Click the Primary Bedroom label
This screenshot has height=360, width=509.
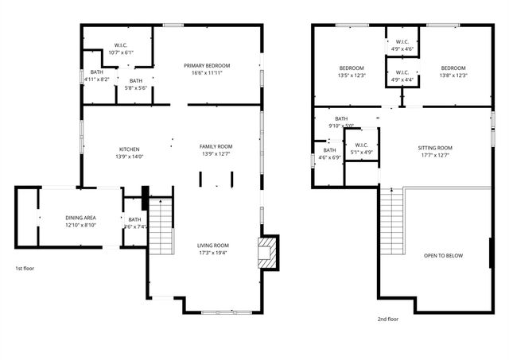point(207,65)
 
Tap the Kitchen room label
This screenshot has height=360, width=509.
point(130,149)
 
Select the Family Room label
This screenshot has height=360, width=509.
point(216,146)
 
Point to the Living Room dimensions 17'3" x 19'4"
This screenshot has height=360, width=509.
point(213,253)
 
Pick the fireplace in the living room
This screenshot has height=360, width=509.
point(269,251)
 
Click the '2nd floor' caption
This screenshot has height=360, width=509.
point(387,319)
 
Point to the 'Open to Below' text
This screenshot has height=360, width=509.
point(443,256)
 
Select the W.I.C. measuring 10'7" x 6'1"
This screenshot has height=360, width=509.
point(122,48)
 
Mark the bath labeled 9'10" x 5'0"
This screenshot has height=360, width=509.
point(341,122)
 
